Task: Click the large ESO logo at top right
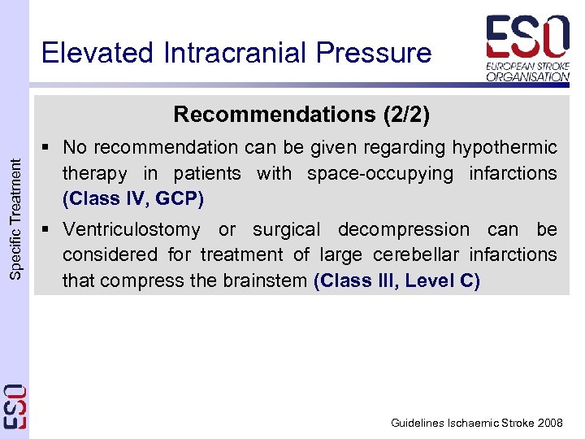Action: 527,37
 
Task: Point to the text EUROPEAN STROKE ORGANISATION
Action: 527,71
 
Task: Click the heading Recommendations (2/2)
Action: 301,115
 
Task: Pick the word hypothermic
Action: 505,147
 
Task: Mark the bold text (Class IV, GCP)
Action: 133,199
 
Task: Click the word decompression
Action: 404,230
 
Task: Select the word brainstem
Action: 266,281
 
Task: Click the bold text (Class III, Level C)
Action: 396,281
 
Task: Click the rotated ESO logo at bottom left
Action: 15,406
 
